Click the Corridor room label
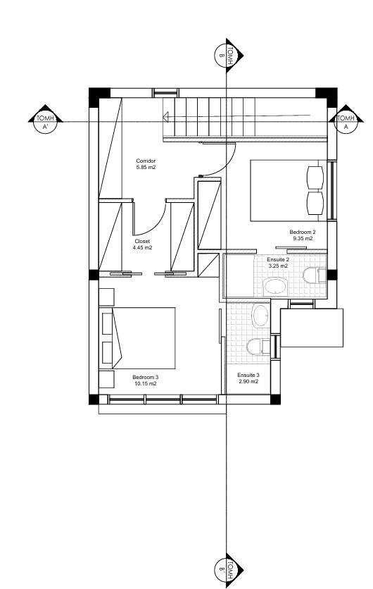point(146,161)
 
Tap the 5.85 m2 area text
point(146,167)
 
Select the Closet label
point(142,241)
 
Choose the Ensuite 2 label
point(278,259)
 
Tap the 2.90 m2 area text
point(248,381)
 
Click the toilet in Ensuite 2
point(315,275)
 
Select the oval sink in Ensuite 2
point(274,287)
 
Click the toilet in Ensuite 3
point(258,347)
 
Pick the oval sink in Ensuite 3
point(260,316)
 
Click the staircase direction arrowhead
point(165,117)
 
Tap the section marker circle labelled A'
point(45,122)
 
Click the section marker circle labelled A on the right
point(346,122)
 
